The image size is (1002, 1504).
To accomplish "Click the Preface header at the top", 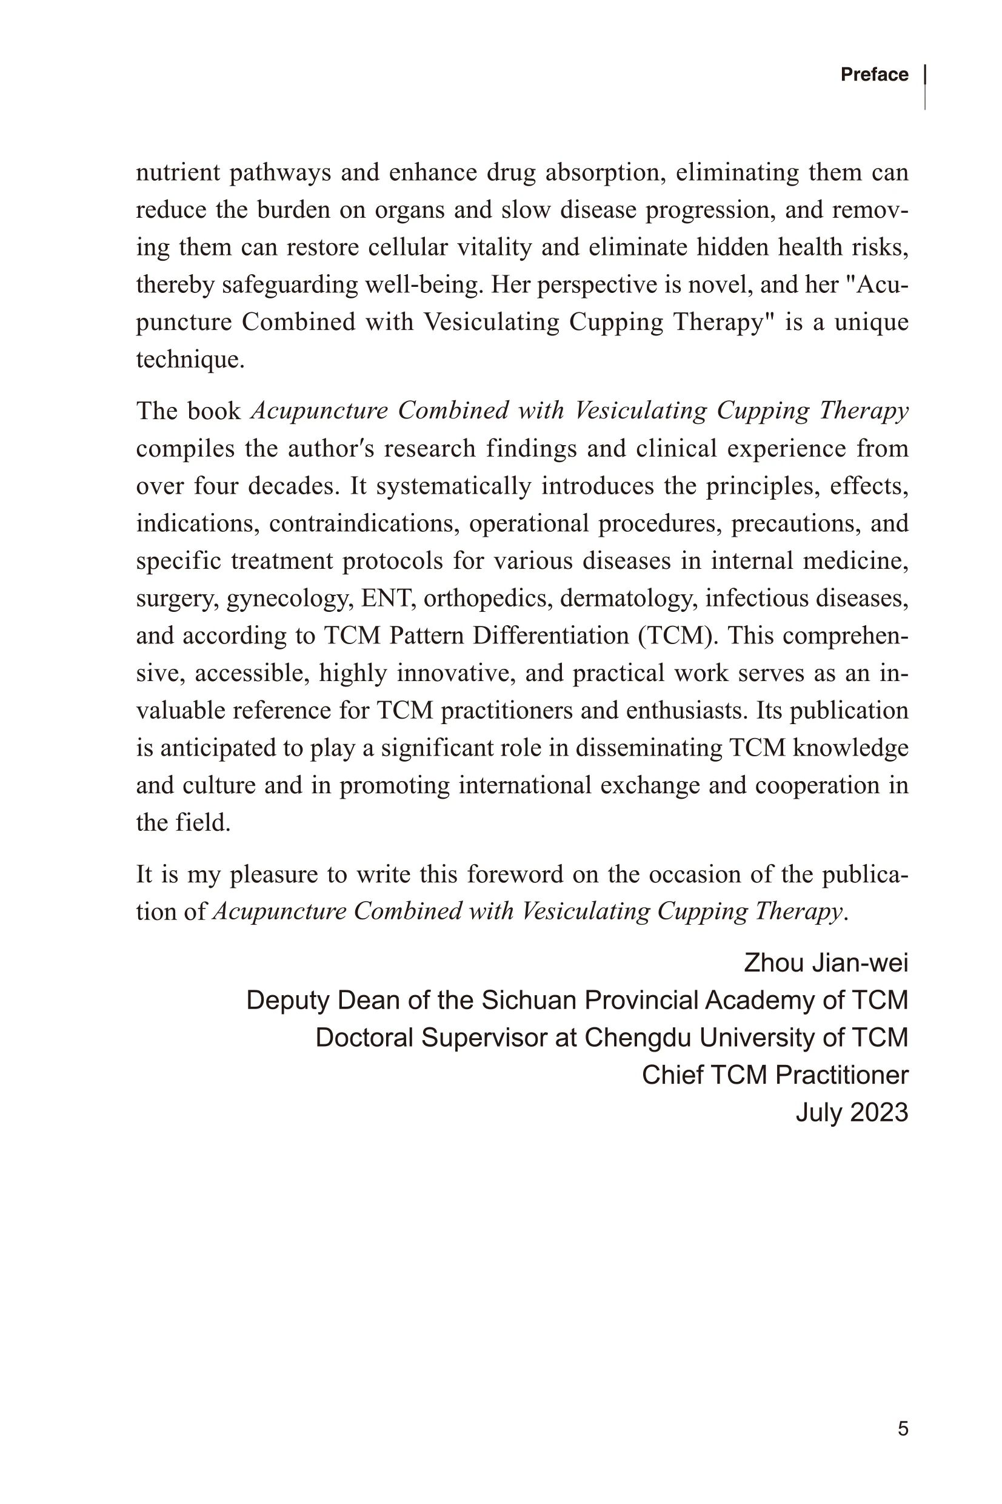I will (x=873, y=75).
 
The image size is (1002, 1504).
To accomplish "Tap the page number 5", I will (x=903, y=1429).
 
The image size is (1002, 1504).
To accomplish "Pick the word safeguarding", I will (x=290, y=285).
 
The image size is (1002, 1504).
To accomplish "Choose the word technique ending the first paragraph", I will (x=190, y=359).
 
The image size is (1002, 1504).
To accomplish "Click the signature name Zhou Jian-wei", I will (x=826, y=962).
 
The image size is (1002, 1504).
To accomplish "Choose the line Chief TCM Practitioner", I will (x=775, y=1075).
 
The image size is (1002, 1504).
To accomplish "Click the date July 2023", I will (x=851, y=1113).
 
